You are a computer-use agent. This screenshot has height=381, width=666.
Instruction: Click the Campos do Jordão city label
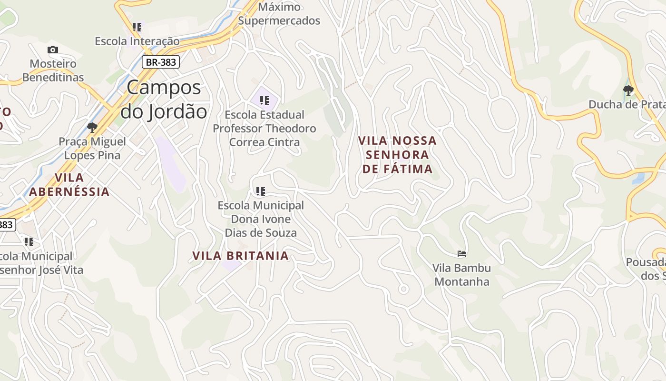pos(164,100)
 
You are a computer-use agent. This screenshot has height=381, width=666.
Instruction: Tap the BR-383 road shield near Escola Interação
pos(161,62)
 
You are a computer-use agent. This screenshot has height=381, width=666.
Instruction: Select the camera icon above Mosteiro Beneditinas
pos(53,50)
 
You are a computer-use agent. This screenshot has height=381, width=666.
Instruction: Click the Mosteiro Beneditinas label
pos(53,70)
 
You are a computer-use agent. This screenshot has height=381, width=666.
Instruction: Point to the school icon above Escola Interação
pos(137,27)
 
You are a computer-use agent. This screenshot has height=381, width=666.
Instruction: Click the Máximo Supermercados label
pos(279,14)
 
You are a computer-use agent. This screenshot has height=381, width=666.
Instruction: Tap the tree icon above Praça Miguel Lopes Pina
pos(92,127)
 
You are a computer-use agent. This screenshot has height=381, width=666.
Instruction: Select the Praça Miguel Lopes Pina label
pos(92,148)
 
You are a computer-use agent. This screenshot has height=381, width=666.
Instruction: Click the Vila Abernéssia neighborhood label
pos(69,185)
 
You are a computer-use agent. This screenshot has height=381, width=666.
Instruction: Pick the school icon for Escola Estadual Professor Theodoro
pos(264,100)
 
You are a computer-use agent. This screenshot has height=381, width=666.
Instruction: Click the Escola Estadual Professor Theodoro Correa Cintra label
pos(264,128)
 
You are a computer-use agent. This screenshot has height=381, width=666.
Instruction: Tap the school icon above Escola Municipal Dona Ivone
pos(260,191)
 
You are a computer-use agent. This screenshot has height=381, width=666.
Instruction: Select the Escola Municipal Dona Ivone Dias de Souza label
pos(261,219)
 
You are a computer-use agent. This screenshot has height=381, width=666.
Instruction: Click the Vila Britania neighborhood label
pos(240,256)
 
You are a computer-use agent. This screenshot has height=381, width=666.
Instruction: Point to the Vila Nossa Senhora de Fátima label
pos(397,155)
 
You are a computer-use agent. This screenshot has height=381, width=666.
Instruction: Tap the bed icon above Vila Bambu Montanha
pos(461,254)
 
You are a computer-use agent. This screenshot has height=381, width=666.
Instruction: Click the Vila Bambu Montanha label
pos(461,275)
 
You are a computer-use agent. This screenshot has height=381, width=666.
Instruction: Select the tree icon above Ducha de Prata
pos(628,90)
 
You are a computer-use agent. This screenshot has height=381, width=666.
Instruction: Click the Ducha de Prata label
pos(627,104)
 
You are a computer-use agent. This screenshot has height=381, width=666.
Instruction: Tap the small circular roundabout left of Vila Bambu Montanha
pos(403,289)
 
